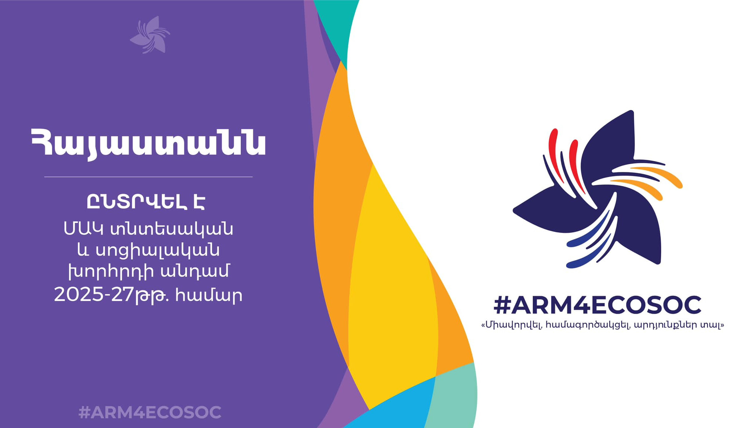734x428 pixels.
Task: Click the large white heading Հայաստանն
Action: pyautogui.click(x=149, y=143)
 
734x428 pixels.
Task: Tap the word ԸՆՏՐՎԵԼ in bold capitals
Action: pyautogui.click(x=136, y=202)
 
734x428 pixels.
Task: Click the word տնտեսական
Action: pyautogui.click(x=172, y=229)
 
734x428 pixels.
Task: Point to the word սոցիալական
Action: pyautogui.click(x=157, y=250)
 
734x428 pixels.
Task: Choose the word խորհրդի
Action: pyautogui.click(x=111, y=272)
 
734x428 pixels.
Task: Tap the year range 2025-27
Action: pyautogui.click(x=94, y=295)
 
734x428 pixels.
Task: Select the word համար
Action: pyautogui.click(x=209, y=295)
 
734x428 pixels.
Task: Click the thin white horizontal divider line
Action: pyautogui.click(x=148, y=177)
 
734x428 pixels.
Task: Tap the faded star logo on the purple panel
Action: pyautogui.click(x=150, y=35)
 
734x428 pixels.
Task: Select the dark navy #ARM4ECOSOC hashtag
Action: pyautogui.click(x=597, y=305)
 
